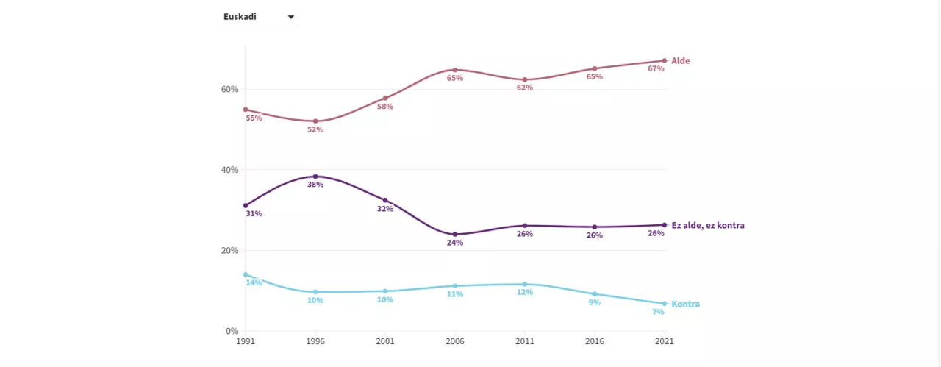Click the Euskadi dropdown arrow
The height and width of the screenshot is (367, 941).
[x=290, y=17]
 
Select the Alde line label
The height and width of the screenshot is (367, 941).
[x=680, y=60]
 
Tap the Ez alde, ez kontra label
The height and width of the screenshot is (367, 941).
[x=707, y=225]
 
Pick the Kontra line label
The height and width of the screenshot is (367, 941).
[x=685, y=304]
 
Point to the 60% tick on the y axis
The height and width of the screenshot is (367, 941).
[x=230, y=89]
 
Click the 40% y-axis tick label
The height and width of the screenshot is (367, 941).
[x=230, y=170]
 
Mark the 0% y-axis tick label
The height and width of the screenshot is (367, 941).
[x=232, y=331]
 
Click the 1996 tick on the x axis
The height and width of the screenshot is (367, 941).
[x=315, y=342]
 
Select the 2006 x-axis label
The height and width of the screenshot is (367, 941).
[x=455, y=342]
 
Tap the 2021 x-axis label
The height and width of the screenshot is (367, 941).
[x=664, y=342]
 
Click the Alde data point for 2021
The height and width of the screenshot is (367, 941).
[x=664, y=60]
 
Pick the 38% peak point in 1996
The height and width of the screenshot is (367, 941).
[x=315, y=177]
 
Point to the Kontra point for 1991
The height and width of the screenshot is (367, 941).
[x=246, y=274]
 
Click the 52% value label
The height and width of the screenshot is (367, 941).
[x=315, y=129]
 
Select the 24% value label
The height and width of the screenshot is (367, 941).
[x=455, y=243]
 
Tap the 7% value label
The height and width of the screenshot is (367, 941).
[x=658, y=312]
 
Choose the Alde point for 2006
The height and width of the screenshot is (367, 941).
[x=455, y=70]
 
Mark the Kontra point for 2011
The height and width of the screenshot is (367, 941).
[x=525, y=284]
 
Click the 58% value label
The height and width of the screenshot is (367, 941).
[x=385, y=107]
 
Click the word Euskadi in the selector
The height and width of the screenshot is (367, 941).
[x=240, y=16]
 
